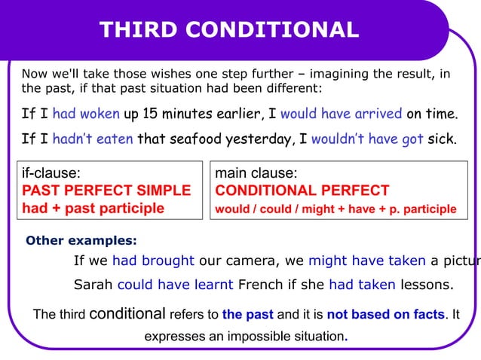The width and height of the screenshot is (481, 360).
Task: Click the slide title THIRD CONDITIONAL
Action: pos(229,29)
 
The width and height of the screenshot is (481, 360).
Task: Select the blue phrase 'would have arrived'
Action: pos(341,114)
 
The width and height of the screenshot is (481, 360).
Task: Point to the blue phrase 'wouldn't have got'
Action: pos(366,139)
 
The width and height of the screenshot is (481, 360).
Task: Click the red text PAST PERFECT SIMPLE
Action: pos(106,191)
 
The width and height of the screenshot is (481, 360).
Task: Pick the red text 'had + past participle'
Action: pos(93,208)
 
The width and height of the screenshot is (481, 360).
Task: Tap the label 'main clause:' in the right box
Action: pos(256,173)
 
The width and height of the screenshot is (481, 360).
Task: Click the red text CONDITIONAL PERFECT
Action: pos(302,191)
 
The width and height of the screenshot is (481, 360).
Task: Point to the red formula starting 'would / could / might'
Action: pos(335,209)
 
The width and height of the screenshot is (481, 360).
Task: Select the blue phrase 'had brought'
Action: pos(153,261)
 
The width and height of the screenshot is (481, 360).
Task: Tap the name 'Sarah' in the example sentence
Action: pos(93,285)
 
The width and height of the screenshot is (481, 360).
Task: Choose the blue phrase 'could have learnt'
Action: pos(175,285)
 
